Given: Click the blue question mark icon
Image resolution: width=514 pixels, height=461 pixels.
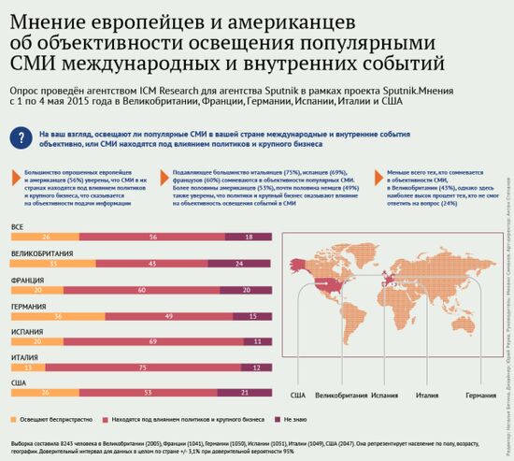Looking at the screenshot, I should tap(21, 137).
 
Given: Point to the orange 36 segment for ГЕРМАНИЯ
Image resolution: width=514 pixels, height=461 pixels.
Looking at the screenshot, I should tap(57, 317).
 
